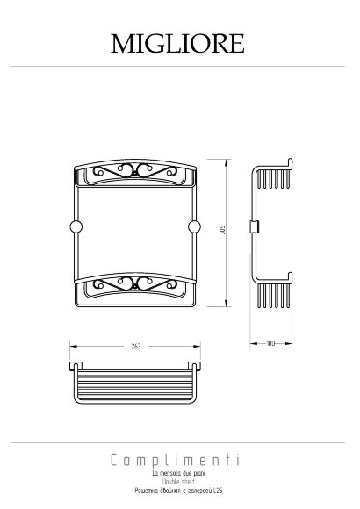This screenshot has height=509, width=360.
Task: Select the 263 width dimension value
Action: [134, 347]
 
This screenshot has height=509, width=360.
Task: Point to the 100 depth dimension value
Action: [271, 342]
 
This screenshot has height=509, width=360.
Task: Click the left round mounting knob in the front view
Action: [76, 227]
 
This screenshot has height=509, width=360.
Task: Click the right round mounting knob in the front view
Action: [194, 227]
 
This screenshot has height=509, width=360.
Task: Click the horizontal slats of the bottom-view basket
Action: [134, 382]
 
